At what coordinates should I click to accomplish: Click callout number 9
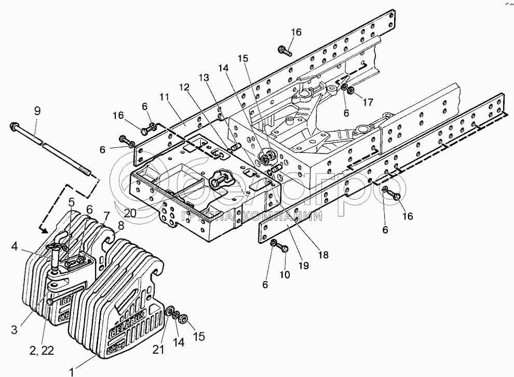point(36,110)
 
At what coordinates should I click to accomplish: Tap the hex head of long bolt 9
point(14,126)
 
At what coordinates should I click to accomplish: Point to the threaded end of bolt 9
point(86,171)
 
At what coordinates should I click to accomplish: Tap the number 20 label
point(130,213)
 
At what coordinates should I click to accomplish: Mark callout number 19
point(303,265)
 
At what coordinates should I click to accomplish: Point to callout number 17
point(368,103)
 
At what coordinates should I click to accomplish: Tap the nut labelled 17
point(351,92)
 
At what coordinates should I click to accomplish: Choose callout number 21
point(157,350)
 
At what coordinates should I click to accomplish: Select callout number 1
point(75,371)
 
